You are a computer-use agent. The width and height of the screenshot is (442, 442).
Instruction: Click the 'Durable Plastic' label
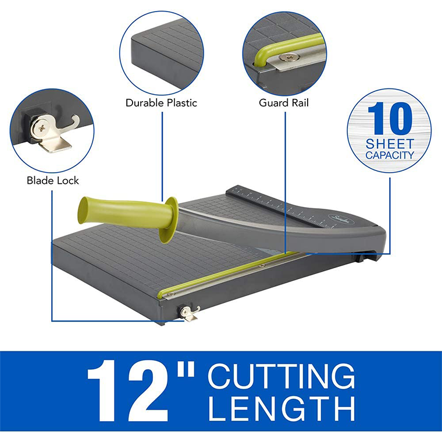click(x=161, y=103)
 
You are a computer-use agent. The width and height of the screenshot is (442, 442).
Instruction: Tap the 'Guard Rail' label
click(x=284, y=103)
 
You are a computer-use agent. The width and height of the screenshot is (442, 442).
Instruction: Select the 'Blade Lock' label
click(x=53, y=180)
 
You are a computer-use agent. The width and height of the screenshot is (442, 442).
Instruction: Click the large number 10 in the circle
click(x=389, y=119)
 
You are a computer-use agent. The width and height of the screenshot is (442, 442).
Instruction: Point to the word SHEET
click(x=389, y=144)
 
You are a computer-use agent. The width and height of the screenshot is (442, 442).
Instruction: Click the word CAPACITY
click(x=389, y=155)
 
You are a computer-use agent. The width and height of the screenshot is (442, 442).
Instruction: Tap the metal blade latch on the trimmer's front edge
click(x=188, y=312)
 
